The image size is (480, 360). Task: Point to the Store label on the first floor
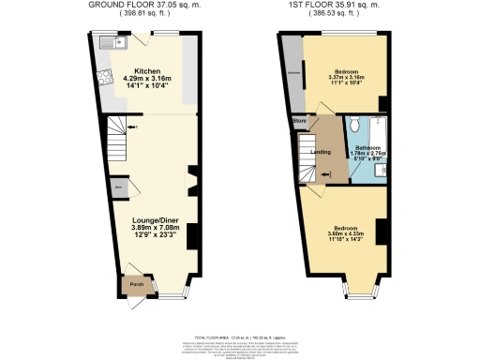(x=301, y=121)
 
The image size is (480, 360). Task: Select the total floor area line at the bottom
(x=239, y=335)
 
